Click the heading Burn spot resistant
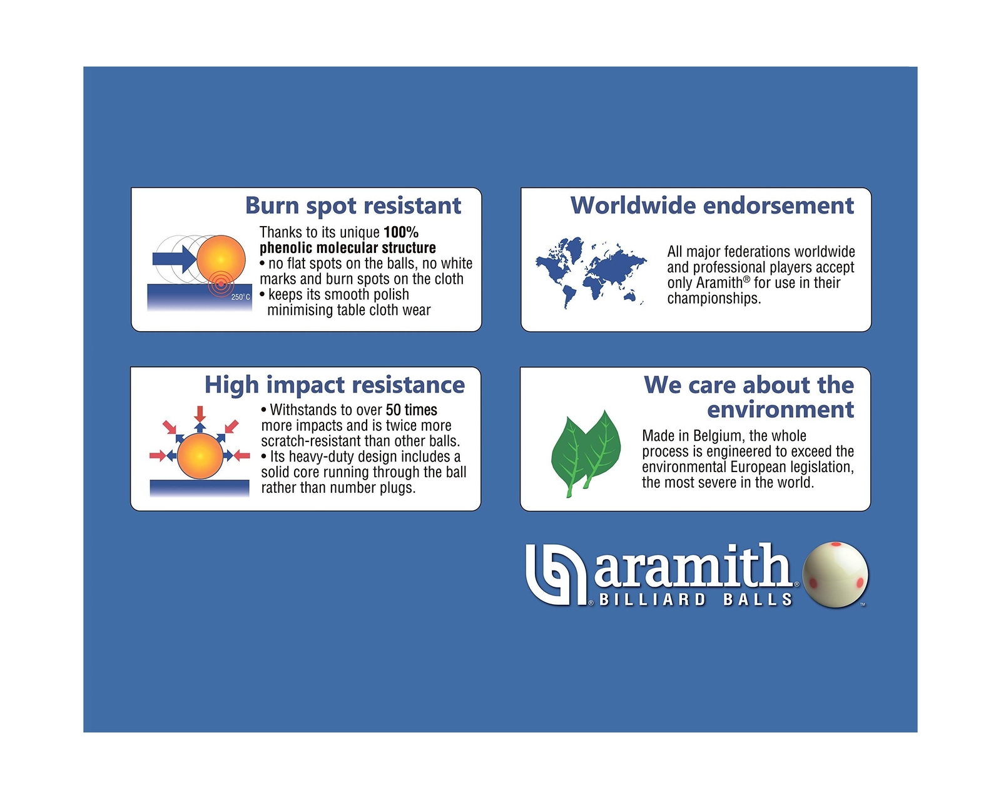coord(353,206)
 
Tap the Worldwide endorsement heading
coord(712,205)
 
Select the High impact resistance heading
coord(335,386)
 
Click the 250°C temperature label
coord(240,297)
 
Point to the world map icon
coord(591,272)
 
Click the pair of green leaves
coord(586,453)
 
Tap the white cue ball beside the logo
coord(835,575)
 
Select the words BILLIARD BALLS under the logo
coord(696,599)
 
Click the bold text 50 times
coord(411,410)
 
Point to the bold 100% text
coord(401,232)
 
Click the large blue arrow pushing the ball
coord(175,259)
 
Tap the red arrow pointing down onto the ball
coord(200,414)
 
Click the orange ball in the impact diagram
coord(200,456)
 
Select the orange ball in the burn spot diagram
coord(221,259)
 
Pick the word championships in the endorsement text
coord(714,299)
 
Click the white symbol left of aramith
coord(556,575)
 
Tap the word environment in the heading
coord(780,410)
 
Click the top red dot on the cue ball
coord(836,544)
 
